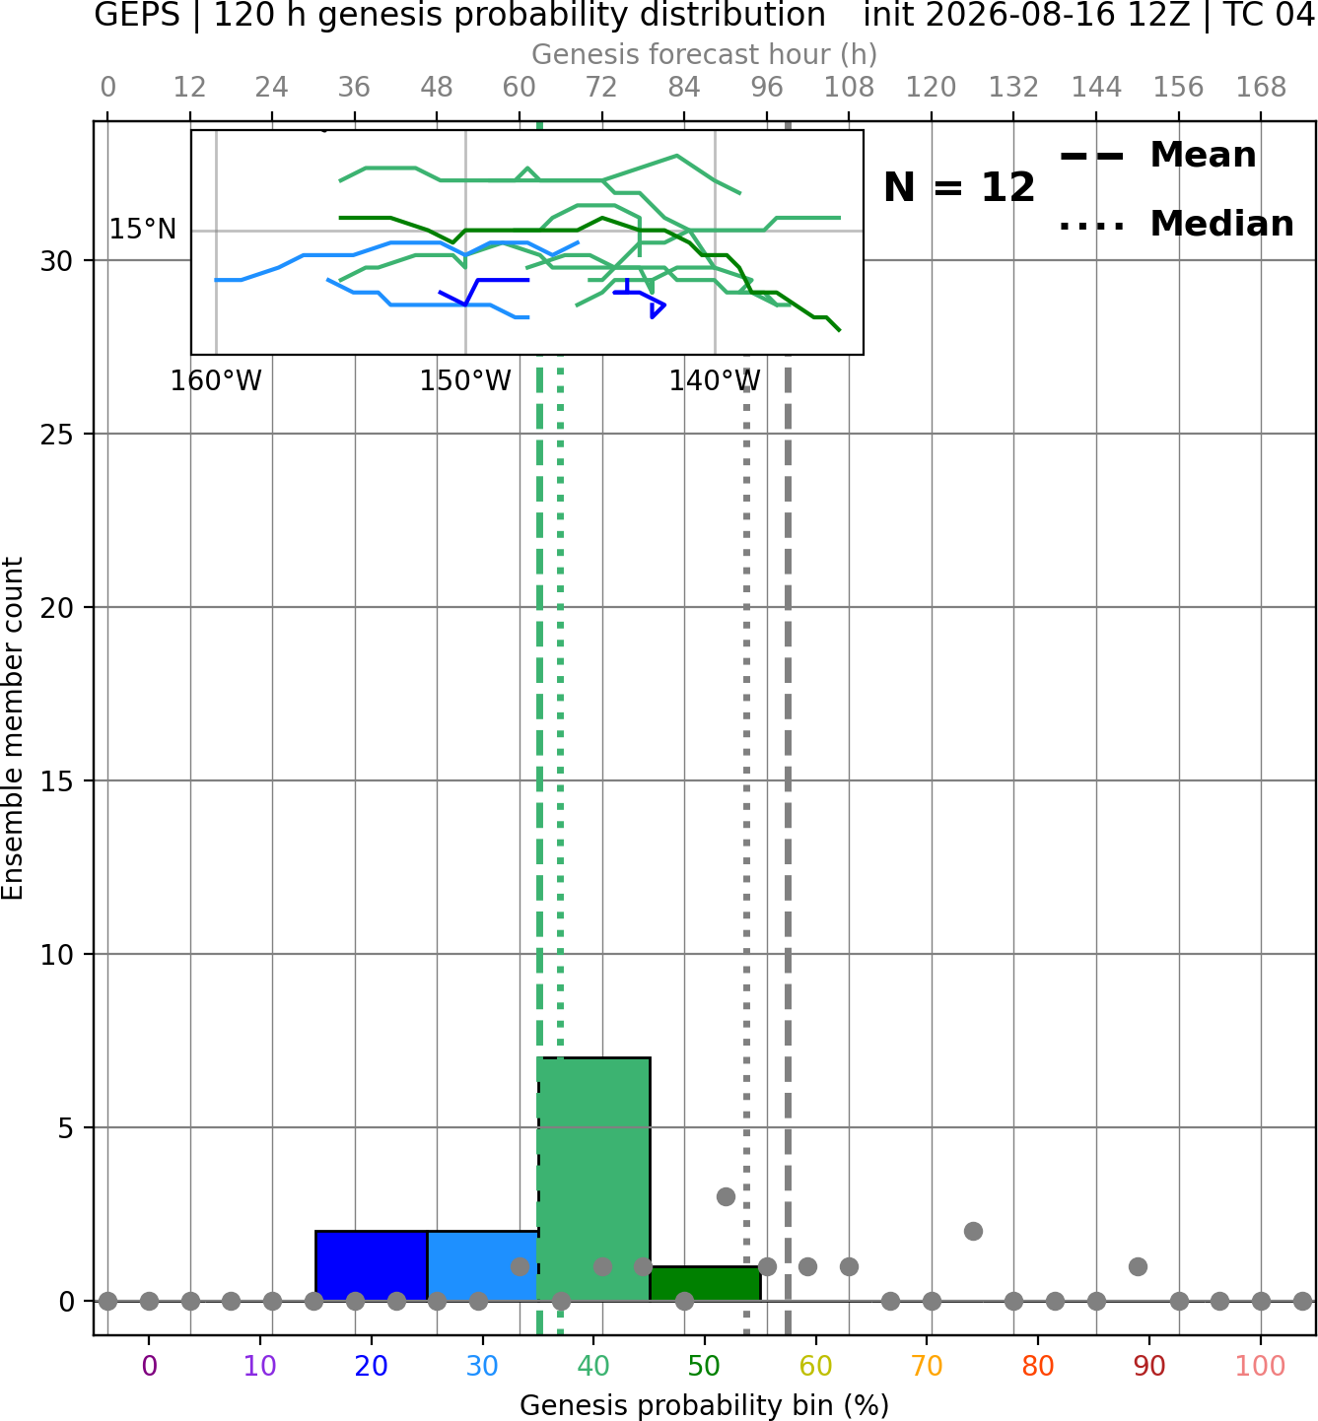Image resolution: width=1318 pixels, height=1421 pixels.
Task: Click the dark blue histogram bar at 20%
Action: tap(372, 1265)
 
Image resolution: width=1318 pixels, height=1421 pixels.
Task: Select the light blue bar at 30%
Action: tap(482, 1265)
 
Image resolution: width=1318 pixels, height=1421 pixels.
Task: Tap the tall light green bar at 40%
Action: tap(594, 1179)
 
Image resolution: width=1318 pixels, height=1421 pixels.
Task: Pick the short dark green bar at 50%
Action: tap(705, 1284)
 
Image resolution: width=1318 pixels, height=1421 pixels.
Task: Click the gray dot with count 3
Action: tap(726, 1196)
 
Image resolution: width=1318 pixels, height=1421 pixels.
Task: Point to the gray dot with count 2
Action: tap(973, 1232)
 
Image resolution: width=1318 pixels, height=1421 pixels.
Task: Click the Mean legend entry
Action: tap(1157, 155)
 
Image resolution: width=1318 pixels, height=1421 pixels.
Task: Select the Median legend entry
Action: tap(1176, 224)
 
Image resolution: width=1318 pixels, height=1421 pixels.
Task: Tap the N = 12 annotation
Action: tap(958, 187)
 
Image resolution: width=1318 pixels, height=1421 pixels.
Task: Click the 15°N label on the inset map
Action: tap(143, 229)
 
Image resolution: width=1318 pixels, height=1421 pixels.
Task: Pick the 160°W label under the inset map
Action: tap(216, 380)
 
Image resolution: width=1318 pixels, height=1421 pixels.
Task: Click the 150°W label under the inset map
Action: tap(465, 380)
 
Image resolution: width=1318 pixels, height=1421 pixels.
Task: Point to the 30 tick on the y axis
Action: tap(56, 261)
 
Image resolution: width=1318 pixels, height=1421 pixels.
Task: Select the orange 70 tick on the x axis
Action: tap(927, 1366)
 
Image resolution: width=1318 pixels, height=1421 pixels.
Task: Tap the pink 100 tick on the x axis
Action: tap(1261, 1366)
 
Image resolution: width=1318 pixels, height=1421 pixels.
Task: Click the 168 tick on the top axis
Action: tap(1261, 88)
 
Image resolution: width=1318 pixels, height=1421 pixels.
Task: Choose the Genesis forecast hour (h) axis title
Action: tap(705, 54)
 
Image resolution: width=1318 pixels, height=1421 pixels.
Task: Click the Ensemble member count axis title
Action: tap(13, 728)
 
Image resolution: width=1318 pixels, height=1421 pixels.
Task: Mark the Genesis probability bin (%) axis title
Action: tap(705, 1405)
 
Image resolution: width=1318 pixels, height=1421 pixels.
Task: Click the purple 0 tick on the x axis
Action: tap(149, 1366)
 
